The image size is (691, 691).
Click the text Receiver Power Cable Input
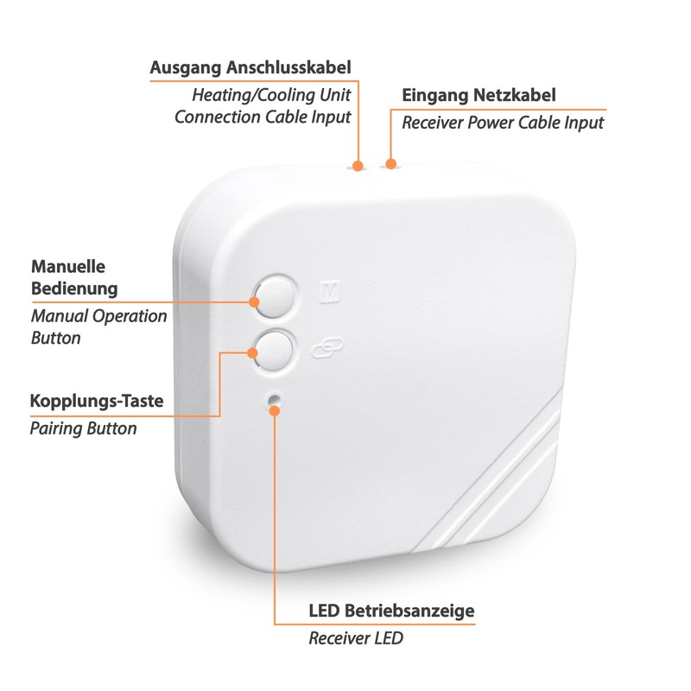(503, 122)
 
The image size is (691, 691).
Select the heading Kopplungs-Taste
(97, 401)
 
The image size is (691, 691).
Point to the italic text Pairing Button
(83, 428)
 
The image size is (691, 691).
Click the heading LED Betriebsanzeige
(391, 612)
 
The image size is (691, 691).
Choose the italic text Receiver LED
(355, 638)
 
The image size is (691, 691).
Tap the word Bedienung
(74, 288)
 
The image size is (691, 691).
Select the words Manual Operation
(99, 315)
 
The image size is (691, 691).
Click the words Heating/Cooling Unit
(271, 94)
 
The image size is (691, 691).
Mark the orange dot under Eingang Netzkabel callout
(391, 162)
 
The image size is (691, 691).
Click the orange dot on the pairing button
(253, 352)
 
